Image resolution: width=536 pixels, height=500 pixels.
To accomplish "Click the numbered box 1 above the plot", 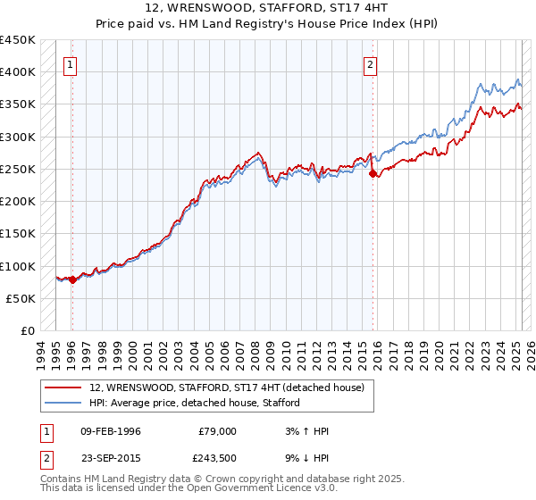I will click(71, 64).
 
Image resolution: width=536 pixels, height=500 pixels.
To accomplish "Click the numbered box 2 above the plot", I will click(370, 64).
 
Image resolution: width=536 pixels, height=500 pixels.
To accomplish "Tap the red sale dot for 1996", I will click(72, 279).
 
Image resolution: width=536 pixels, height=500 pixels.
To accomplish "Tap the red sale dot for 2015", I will click(373, 174).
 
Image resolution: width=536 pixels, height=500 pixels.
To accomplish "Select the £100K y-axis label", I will click(18, 266).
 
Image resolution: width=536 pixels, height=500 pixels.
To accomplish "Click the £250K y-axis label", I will click(18, 169).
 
